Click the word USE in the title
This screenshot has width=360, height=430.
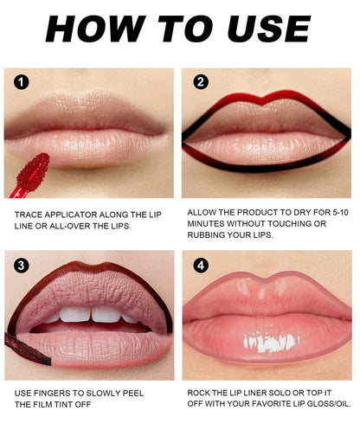coord(265,28)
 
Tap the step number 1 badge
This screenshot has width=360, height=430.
coord(22,82)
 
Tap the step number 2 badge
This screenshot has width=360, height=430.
coord(201,82)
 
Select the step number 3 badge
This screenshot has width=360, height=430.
coord(22,265)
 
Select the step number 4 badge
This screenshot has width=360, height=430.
coord(201,265)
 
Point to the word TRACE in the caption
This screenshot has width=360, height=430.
coord(29,212)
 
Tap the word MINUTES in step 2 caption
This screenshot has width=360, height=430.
coord(208,223)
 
